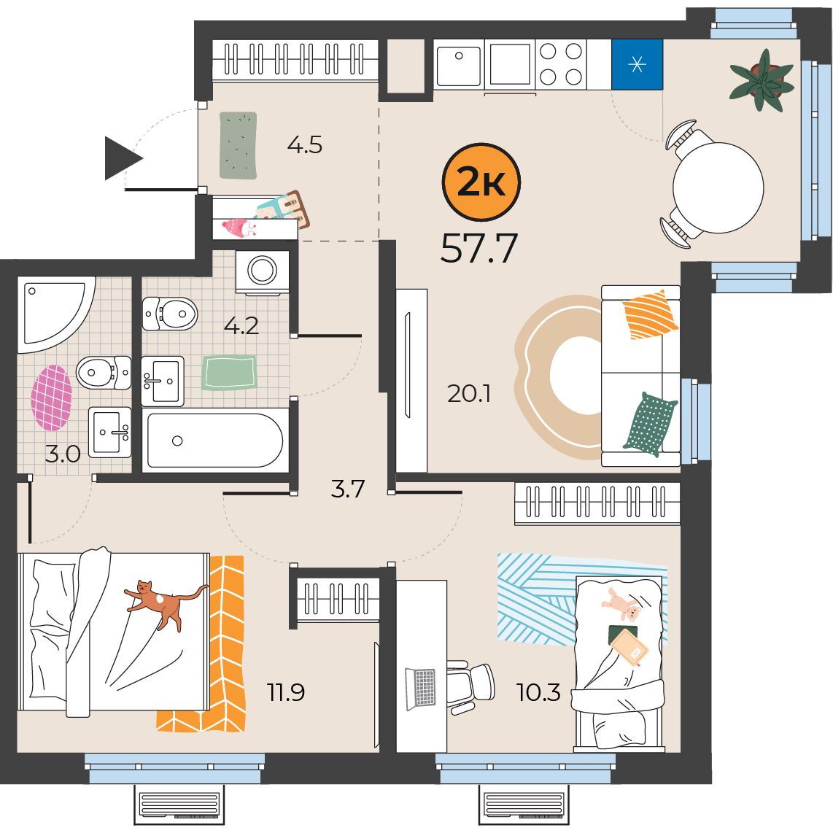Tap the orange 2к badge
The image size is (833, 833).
[481, 182]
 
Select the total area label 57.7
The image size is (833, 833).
[479, 249]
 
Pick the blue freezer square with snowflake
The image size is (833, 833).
[637, 64]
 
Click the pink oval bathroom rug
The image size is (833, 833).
[51, 398]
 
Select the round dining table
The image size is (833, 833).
[718, 187]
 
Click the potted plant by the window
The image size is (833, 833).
[762, 81]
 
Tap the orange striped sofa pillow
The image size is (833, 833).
[650, 314]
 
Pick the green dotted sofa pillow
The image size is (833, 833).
[651, 423]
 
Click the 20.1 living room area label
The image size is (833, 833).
[469, 394]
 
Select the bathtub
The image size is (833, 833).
[215, 441]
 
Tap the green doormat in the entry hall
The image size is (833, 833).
[239, 146]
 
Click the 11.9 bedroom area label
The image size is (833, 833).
[285, 692]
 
